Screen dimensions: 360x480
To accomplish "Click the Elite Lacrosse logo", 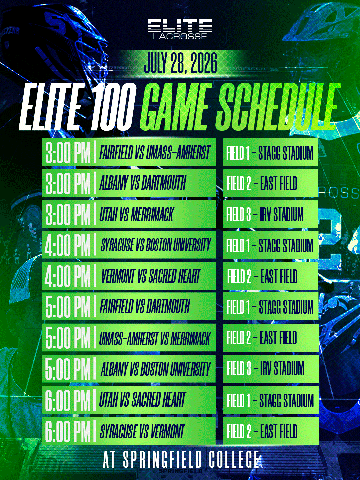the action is point(180,29).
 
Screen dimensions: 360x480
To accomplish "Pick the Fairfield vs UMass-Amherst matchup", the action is point(155,152).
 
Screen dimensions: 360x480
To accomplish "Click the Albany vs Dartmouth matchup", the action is point(143,183).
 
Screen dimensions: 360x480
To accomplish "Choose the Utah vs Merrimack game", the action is point(136,214).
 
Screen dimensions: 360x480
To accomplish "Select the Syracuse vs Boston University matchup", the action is point(156,245).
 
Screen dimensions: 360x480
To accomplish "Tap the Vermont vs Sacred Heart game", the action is point(151,276).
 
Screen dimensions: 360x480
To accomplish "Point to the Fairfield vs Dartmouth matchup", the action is point(145,306).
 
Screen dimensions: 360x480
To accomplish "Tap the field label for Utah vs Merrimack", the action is point(265,214).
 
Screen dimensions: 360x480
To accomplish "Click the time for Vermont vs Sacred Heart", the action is point(68,276).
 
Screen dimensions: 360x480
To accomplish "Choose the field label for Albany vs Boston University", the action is point(265,369).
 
